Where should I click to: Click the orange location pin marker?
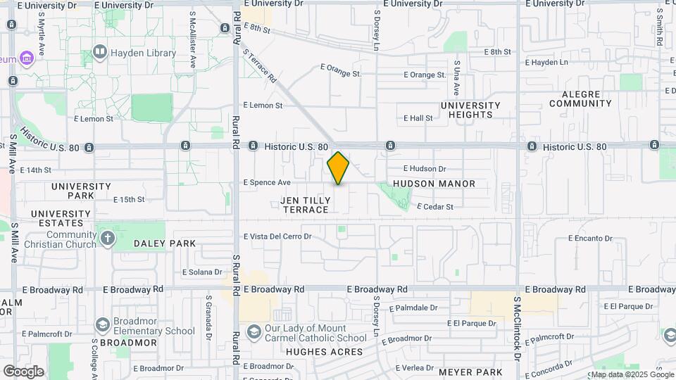[x=338, y=168]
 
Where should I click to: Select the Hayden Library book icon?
[x=100, y=52]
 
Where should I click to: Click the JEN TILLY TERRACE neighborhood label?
[x=305, y=205]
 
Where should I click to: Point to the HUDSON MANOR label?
[x=434, y=184]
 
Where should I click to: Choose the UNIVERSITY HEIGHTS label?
[x=470, y=110]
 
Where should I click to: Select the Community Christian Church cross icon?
[x=107, y=238]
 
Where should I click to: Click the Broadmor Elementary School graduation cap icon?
[x=103, y=324]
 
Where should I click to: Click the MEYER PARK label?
[x=470, y=372]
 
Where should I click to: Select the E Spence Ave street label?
[x=267, y=182]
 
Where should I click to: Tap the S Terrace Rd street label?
[x=259, y=67]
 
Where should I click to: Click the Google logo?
[x=23, y=371]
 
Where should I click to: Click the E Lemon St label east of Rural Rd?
[x=263, y=106]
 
